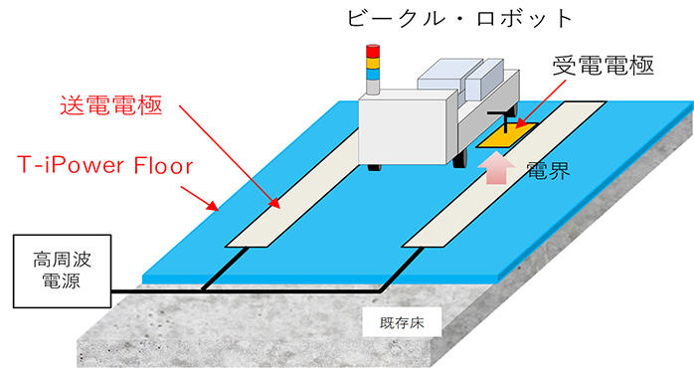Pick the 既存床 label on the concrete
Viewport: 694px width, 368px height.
pyautogui.click(x=386, y=325)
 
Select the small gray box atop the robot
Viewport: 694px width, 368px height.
pyautogui.click(x=442, y=75)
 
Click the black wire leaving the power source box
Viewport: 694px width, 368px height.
pyautogui.click(x=149, y=291)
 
